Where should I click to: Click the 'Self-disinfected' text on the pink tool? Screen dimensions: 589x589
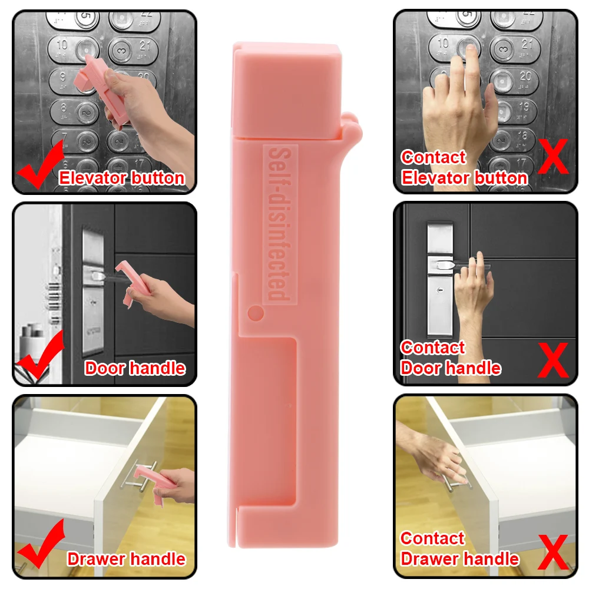(x=277, y=224)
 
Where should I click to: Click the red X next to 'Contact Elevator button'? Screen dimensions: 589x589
(x=553, y=155)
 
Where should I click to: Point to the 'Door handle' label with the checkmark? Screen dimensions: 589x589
(x=135, y=369)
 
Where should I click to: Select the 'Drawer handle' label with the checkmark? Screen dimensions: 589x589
(x=127, y=559)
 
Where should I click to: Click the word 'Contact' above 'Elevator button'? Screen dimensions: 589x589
(x=434, y=157)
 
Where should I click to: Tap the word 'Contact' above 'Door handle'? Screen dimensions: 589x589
(x=433, y=348)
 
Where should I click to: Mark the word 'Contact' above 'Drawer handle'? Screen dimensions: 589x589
(x=433, y=538)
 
